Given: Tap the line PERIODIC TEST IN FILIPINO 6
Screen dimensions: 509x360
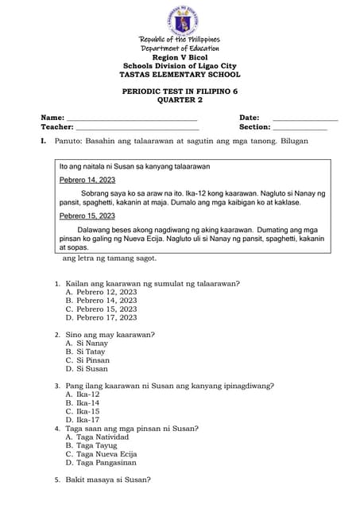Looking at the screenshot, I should [180, 92].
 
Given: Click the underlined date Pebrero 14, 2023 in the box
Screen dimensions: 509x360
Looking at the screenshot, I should [87, 181].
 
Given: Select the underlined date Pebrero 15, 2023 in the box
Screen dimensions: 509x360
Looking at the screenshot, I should [87, 216].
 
